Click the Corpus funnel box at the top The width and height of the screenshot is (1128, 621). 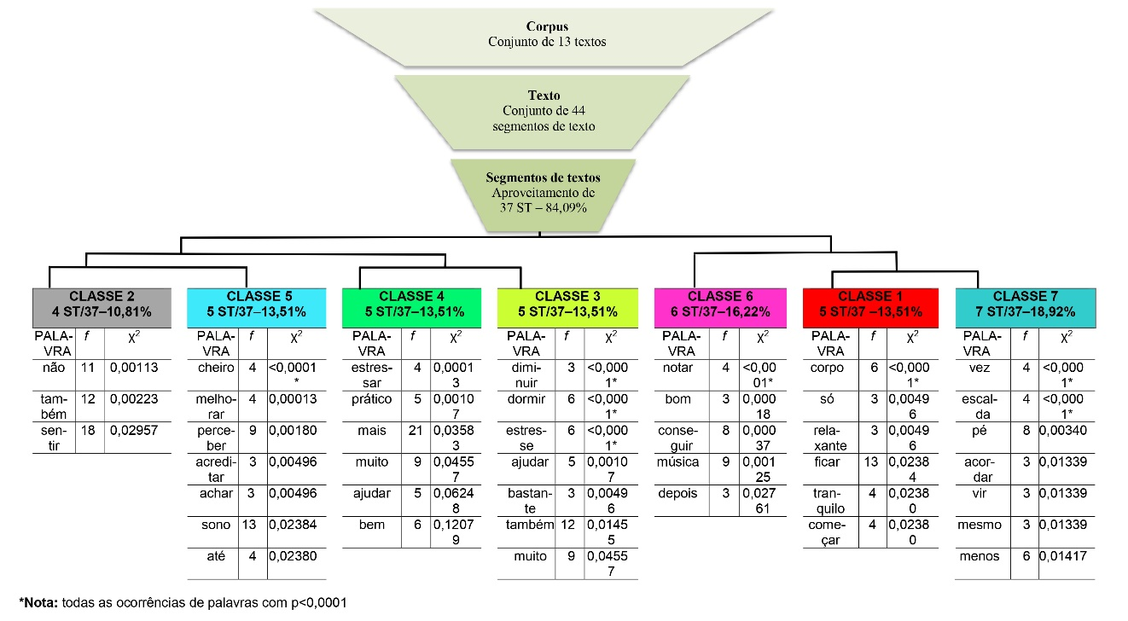tap(547, 35)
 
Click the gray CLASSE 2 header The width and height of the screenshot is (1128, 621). tap(102, 304)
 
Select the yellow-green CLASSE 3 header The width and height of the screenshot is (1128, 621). tap(567, 304)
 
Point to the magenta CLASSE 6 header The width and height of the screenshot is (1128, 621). tap(721, 304)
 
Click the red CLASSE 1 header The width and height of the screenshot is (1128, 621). tap(870, 304)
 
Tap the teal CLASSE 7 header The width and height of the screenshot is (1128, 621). tap(1025, 304)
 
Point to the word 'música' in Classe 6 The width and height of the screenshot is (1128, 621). tap(679, 462)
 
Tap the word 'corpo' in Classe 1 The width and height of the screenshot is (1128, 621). tap(828, 368)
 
